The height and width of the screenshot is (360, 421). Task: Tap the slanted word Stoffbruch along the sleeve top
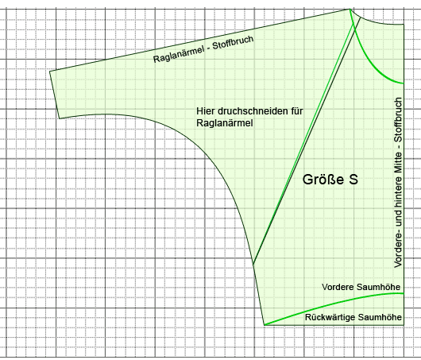coord(233,42)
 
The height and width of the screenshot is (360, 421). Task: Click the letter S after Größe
coord(353,180)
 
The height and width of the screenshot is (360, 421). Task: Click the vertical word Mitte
coord(398,164)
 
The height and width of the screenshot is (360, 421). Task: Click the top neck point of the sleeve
coord(350,9)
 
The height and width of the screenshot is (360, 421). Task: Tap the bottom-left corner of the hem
coord(265,325)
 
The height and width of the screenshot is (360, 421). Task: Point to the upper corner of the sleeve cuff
coord(50,71)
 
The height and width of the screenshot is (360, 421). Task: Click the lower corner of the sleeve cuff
coord(60,118)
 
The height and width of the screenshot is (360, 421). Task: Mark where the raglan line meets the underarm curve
coord(253,265)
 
